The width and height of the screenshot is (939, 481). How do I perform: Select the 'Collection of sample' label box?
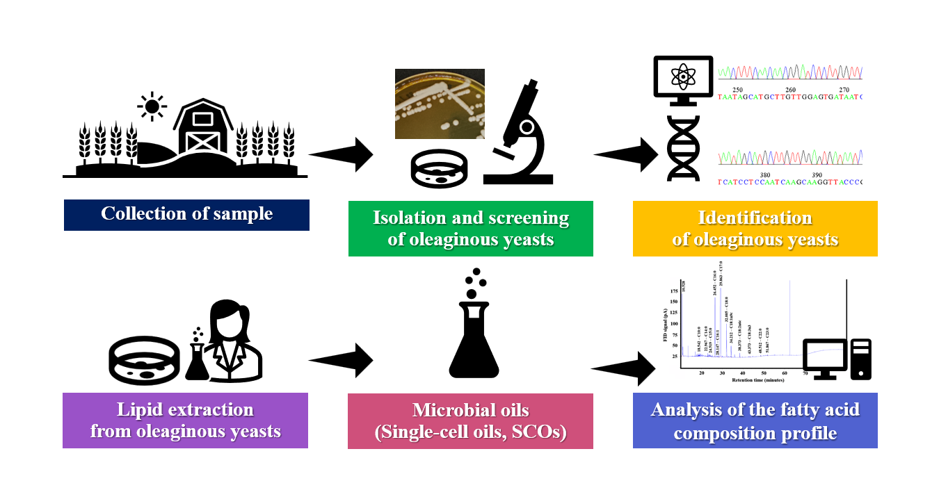(x=186, y=214)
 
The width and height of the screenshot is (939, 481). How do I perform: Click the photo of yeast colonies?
(x=439, y=104)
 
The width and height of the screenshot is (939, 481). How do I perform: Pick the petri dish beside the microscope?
(x=439, y=170)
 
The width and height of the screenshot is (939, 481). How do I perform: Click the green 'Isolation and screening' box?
(x=470, y=228)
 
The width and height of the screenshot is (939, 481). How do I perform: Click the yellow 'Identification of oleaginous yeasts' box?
(x=755, y=228)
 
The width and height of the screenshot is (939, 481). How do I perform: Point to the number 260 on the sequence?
(x=791, y=90)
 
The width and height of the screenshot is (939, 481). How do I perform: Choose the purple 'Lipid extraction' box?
(x=185, y=420)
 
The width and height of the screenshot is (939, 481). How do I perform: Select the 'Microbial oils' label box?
(x=470, y=421)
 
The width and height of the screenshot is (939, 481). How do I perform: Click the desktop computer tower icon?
(x=860, y=359)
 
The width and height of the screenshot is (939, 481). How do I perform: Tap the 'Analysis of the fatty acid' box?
(x=755, y=420)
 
